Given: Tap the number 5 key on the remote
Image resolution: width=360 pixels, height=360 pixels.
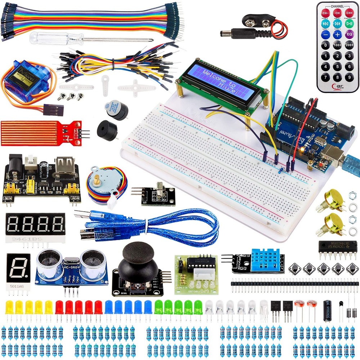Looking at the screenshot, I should [x=337, y=66].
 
